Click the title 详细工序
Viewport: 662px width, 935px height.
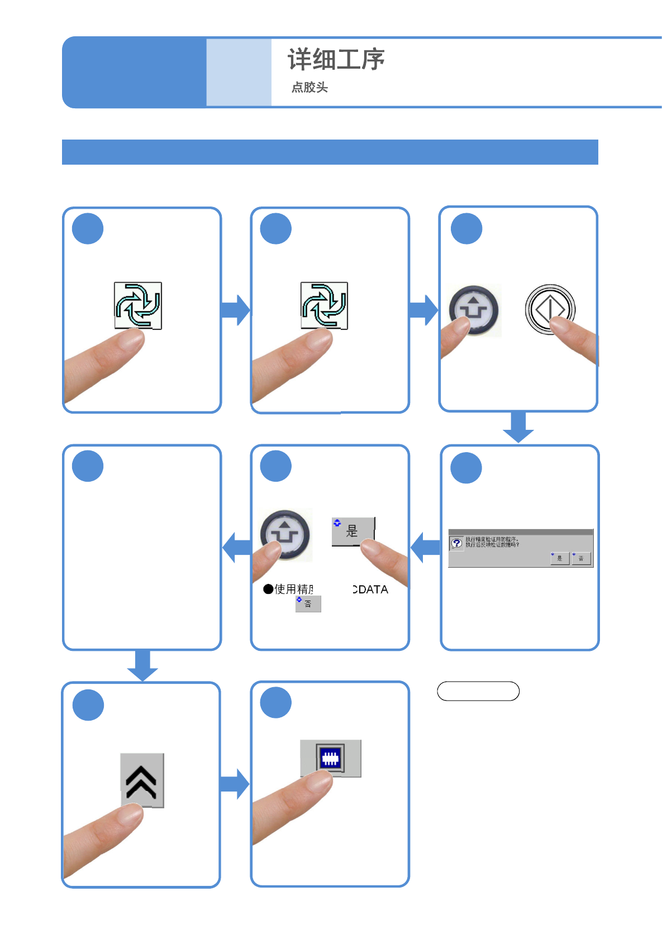coord(336,60)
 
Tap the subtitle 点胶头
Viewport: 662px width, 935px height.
coord(309,87)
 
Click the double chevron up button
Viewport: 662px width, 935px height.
coord(142,780)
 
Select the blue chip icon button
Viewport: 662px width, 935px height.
coord(330,757)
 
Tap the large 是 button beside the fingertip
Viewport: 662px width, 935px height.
coord(353,530)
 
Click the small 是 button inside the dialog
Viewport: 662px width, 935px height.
coord(560,558)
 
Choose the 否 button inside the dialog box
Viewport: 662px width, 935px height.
coord(581,558)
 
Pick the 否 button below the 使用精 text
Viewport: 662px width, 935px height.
coord(308,603)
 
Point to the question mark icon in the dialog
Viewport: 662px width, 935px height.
coord(456,543)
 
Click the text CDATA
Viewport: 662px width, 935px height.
coord(370,589)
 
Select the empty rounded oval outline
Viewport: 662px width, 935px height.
coord(478,691)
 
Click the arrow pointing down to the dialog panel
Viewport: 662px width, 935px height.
coord(518,428)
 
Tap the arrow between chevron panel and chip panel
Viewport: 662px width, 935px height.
coord(235,784)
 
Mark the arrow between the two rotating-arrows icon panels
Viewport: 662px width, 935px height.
coord(235,310)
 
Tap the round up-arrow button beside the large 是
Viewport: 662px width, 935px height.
coord(285,534)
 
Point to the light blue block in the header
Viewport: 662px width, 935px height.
coord(239,72)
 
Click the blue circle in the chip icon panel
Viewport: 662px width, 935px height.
coord(276,702)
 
